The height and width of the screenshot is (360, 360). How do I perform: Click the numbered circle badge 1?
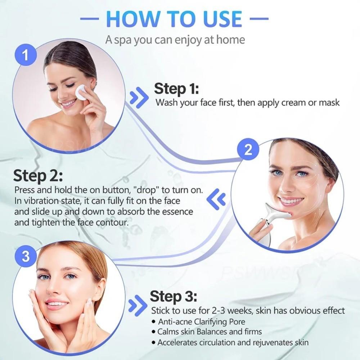[x=25, y=55]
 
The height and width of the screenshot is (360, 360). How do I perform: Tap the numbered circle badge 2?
[x=248, y=150]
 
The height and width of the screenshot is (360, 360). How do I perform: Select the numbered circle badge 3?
[x=26, y=257]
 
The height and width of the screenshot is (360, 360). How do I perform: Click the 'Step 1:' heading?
[x=176, y=89]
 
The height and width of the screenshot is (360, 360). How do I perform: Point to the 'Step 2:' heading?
[x=38, y=176]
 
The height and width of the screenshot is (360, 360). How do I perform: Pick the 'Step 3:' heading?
[x=174, y=297]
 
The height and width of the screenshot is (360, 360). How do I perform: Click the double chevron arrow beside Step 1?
[x=139, y=97]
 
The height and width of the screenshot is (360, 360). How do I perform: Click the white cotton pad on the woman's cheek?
[x=82, y=93]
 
